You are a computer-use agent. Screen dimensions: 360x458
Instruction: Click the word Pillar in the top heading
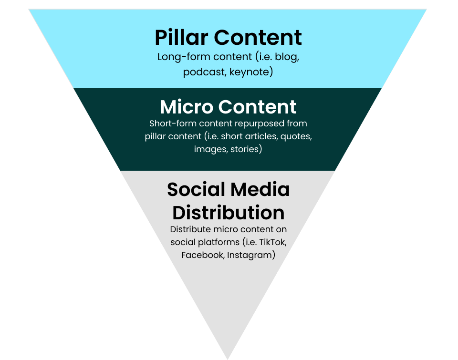(x=182, y=37)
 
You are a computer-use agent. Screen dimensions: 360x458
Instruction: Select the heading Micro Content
(x=229, y=107)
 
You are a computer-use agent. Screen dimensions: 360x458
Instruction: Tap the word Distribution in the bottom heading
(x=229, y=212)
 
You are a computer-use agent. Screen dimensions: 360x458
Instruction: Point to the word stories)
(x=247, y=149)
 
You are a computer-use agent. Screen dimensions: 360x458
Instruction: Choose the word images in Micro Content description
(x=210, y=149)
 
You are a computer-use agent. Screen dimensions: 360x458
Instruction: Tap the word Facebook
(x=202, y=255)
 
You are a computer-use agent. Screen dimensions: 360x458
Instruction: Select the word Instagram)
(x=251, y=255)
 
